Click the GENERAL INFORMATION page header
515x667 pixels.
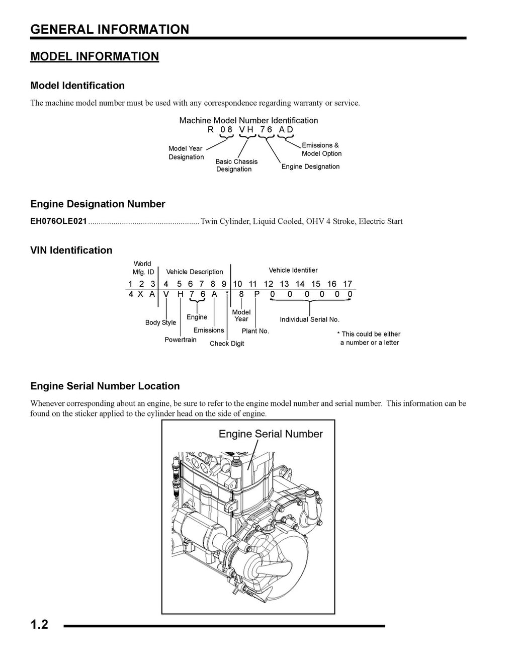[x=110, y=30]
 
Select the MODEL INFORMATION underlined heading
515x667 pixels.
[x=95, y=56]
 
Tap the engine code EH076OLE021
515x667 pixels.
[x=58, y=221]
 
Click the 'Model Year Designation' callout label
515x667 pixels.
[x=186, y=153]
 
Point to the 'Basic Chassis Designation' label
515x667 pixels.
[x=236, y=165]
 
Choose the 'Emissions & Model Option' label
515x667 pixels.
[x=321, y=149]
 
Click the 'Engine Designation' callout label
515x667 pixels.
[x=310, y=166]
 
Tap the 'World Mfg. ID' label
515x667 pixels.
[x=143, y=268]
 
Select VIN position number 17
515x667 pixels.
[x=348, y=284]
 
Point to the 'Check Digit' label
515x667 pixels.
[x=227, y=344]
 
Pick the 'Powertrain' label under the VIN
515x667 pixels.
[x=181, y=340]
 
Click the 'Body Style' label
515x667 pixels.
[x=160, y=322]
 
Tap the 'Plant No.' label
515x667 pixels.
[x=255, y=331]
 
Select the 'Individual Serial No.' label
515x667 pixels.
[x=309, y=319]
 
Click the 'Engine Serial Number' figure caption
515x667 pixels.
[x=271, y=434]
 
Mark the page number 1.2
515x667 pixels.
[x=39, y=625]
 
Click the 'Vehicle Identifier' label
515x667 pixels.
[x=293, y=270]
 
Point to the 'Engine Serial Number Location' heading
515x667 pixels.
[x=105, y=386]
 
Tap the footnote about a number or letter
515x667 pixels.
[x=369, y=338]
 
